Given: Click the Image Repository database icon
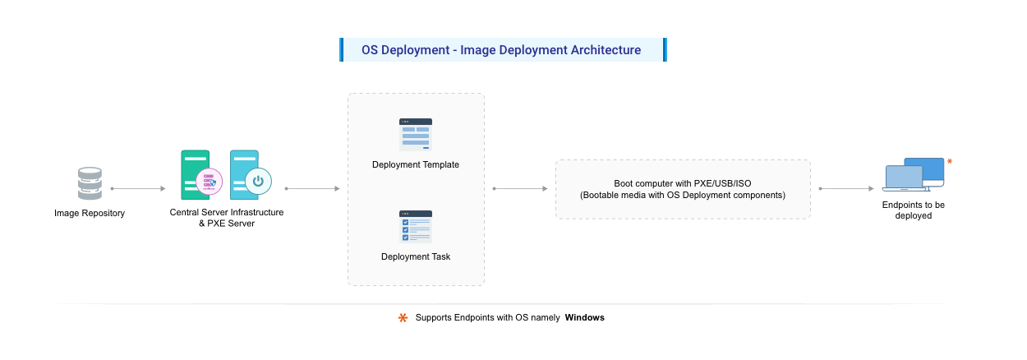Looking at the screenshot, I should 90,183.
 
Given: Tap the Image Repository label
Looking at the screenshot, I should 90,213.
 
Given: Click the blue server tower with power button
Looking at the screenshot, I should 246,174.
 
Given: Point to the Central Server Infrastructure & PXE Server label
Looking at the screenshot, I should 226,218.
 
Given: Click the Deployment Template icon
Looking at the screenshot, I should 416,135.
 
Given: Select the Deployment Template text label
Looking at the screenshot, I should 416,164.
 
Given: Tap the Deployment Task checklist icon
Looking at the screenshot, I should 416,227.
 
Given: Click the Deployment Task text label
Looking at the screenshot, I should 416,256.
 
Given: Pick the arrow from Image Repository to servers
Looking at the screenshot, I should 138,188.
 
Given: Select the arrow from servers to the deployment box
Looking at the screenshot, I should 312,188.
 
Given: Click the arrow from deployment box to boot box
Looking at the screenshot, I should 520,188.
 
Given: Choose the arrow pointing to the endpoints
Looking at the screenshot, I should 846,188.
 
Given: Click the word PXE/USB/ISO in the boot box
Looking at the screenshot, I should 715,183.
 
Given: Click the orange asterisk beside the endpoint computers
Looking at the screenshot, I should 950,162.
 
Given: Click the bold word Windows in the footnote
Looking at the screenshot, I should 584,317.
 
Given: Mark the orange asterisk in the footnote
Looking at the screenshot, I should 403,317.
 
